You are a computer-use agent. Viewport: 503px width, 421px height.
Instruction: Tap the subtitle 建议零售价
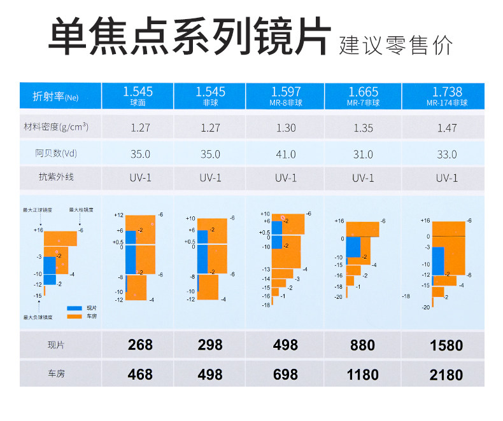(x=396, y=45)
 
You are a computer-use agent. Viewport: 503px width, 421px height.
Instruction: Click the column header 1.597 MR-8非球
(x=286, y=96)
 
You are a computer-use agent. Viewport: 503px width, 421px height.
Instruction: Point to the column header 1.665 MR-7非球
(x=363, y=96)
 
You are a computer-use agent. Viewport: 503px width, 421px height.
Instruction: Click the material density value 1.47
(x=447, y=128)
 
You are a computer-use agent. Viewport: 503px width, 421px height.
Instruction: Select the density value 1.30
(x=286, y=128)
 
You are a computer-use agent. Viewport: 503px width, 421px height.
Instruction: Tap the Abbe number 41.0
(x=286, y=154)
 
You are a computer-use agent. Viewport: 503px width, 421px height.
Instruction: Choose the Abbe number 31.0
(x=363, y=154)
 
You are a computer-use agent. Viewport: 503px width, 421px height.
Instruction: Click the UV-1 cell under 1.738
(x=447, y=178)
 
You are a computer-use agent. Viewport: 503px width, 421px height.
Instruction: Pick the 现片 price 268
(x=140, y=345)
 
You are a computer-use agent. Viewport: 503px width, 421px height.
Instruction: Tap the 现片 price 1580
(x=446, y=345)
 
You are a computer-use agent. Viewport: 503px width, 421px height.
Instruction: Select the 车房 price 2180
(x=446, y=375)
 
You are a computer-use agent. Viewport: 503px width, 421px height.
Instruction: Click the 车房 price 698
(x=285, y=375)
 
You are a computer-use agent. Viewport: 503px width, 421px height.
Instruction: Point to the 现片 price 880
(x=362, y=345)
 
